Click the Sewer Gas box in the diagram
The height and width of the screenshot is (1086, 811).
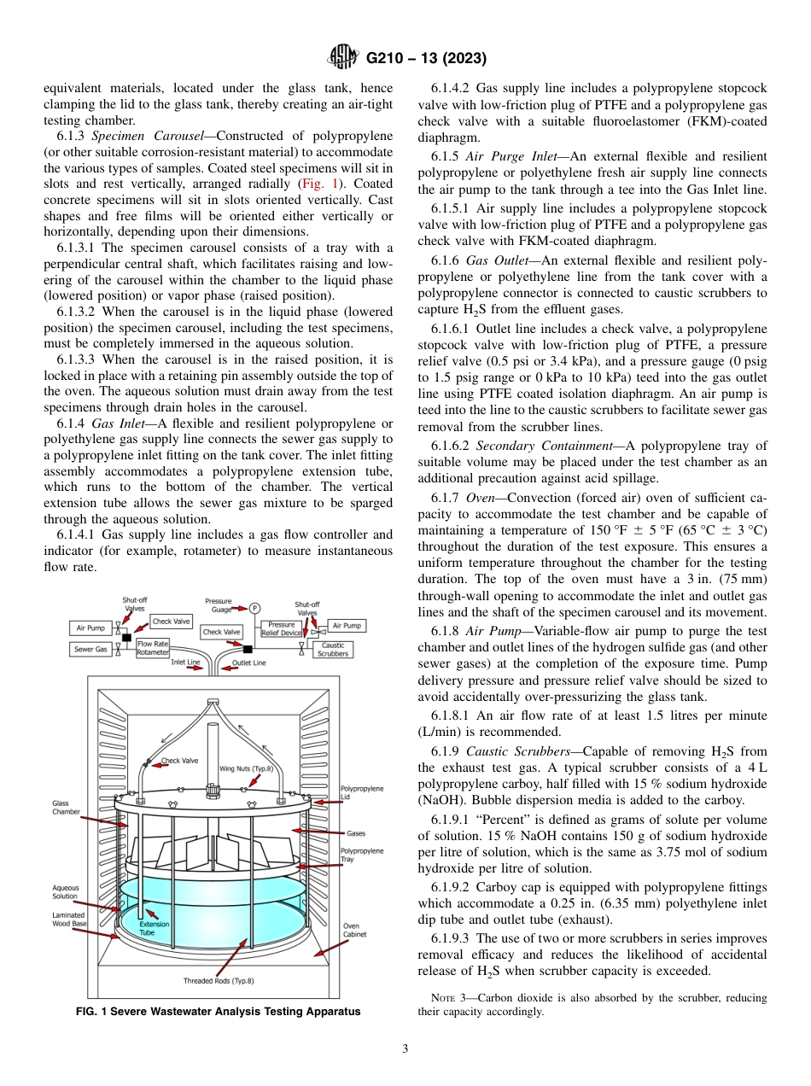[x=89, y=649]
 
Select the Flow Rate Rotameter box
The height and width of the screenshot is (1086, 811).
[x=153, y=648]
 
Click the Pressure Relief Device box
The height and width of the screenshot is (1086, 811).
[x=280, y=629]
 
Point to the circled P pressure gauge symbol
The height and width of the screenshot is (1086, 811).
[x=254, y=608]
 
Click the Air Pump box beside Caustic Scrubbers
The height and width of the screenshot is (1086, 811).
[x=347, y=626]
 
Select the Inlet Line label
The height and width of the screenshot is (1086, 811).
[x=185, y=663]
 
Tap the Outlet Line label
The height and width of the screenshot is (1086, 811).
[x=248, y=663]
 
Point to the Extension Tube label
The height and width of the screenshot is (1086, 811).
[x=154, y=928]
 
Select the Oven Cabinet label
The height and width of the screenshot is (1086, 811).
[x=351, y=930]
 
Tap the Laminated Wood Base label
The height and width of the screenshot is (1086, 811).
[x=68, y=919]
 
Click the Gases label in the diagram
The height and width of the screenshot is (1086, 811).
[x=356, y=832]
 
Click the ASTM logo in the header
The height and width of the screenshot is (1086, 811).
[x=343, y=59]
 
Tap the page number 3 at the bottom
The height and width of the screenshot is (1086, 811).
[x=405, y=1049]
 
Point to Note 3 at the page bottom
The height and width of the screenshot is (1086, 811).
[x=443, y=997]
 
